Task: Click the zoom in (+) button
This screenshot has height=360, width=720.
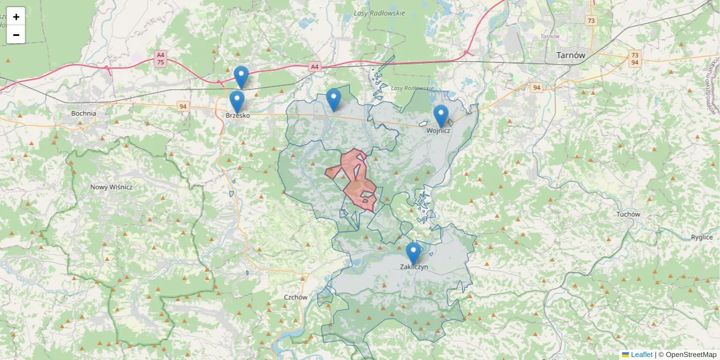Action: (16, 17)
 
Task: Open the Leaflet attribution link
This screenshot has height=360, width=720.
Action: (641, 355)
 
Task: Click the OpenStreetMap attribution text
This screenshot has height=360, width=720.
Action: (691, 355)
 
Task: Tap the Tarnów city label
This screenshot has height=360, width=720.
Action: (571, 55)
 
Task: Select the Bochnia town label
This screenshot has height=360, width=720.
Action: (83, 113)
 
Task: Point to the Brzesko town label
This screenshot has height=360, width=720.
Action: (238, 115)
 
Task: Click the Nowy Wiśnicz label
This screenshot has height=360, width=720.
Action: (111, 187)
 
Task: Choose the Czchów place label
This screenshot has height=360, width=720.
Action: (296, 297)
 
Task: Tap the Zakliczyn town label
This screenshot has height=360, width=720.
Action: (413, 268)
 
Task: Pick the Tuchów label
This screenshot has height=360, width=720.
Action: (628, 214)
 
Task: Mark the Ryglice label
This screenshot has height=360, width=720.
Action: (701, 237)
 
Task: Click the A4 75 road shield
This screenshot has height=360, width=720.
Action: (160, 59)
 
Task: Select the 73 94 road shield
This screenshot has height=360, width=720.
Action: (634, 58)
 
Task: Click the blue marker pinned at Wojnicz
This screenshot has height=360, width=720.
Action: (441, 115)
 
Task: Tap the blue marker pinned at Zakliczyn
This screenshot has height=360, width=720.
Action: (413, 252)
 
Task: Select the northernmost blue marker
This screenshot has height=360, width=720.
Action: (241, 76)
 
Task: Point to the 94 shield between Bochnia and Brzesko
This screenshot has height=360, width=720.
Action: (182, 106)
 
